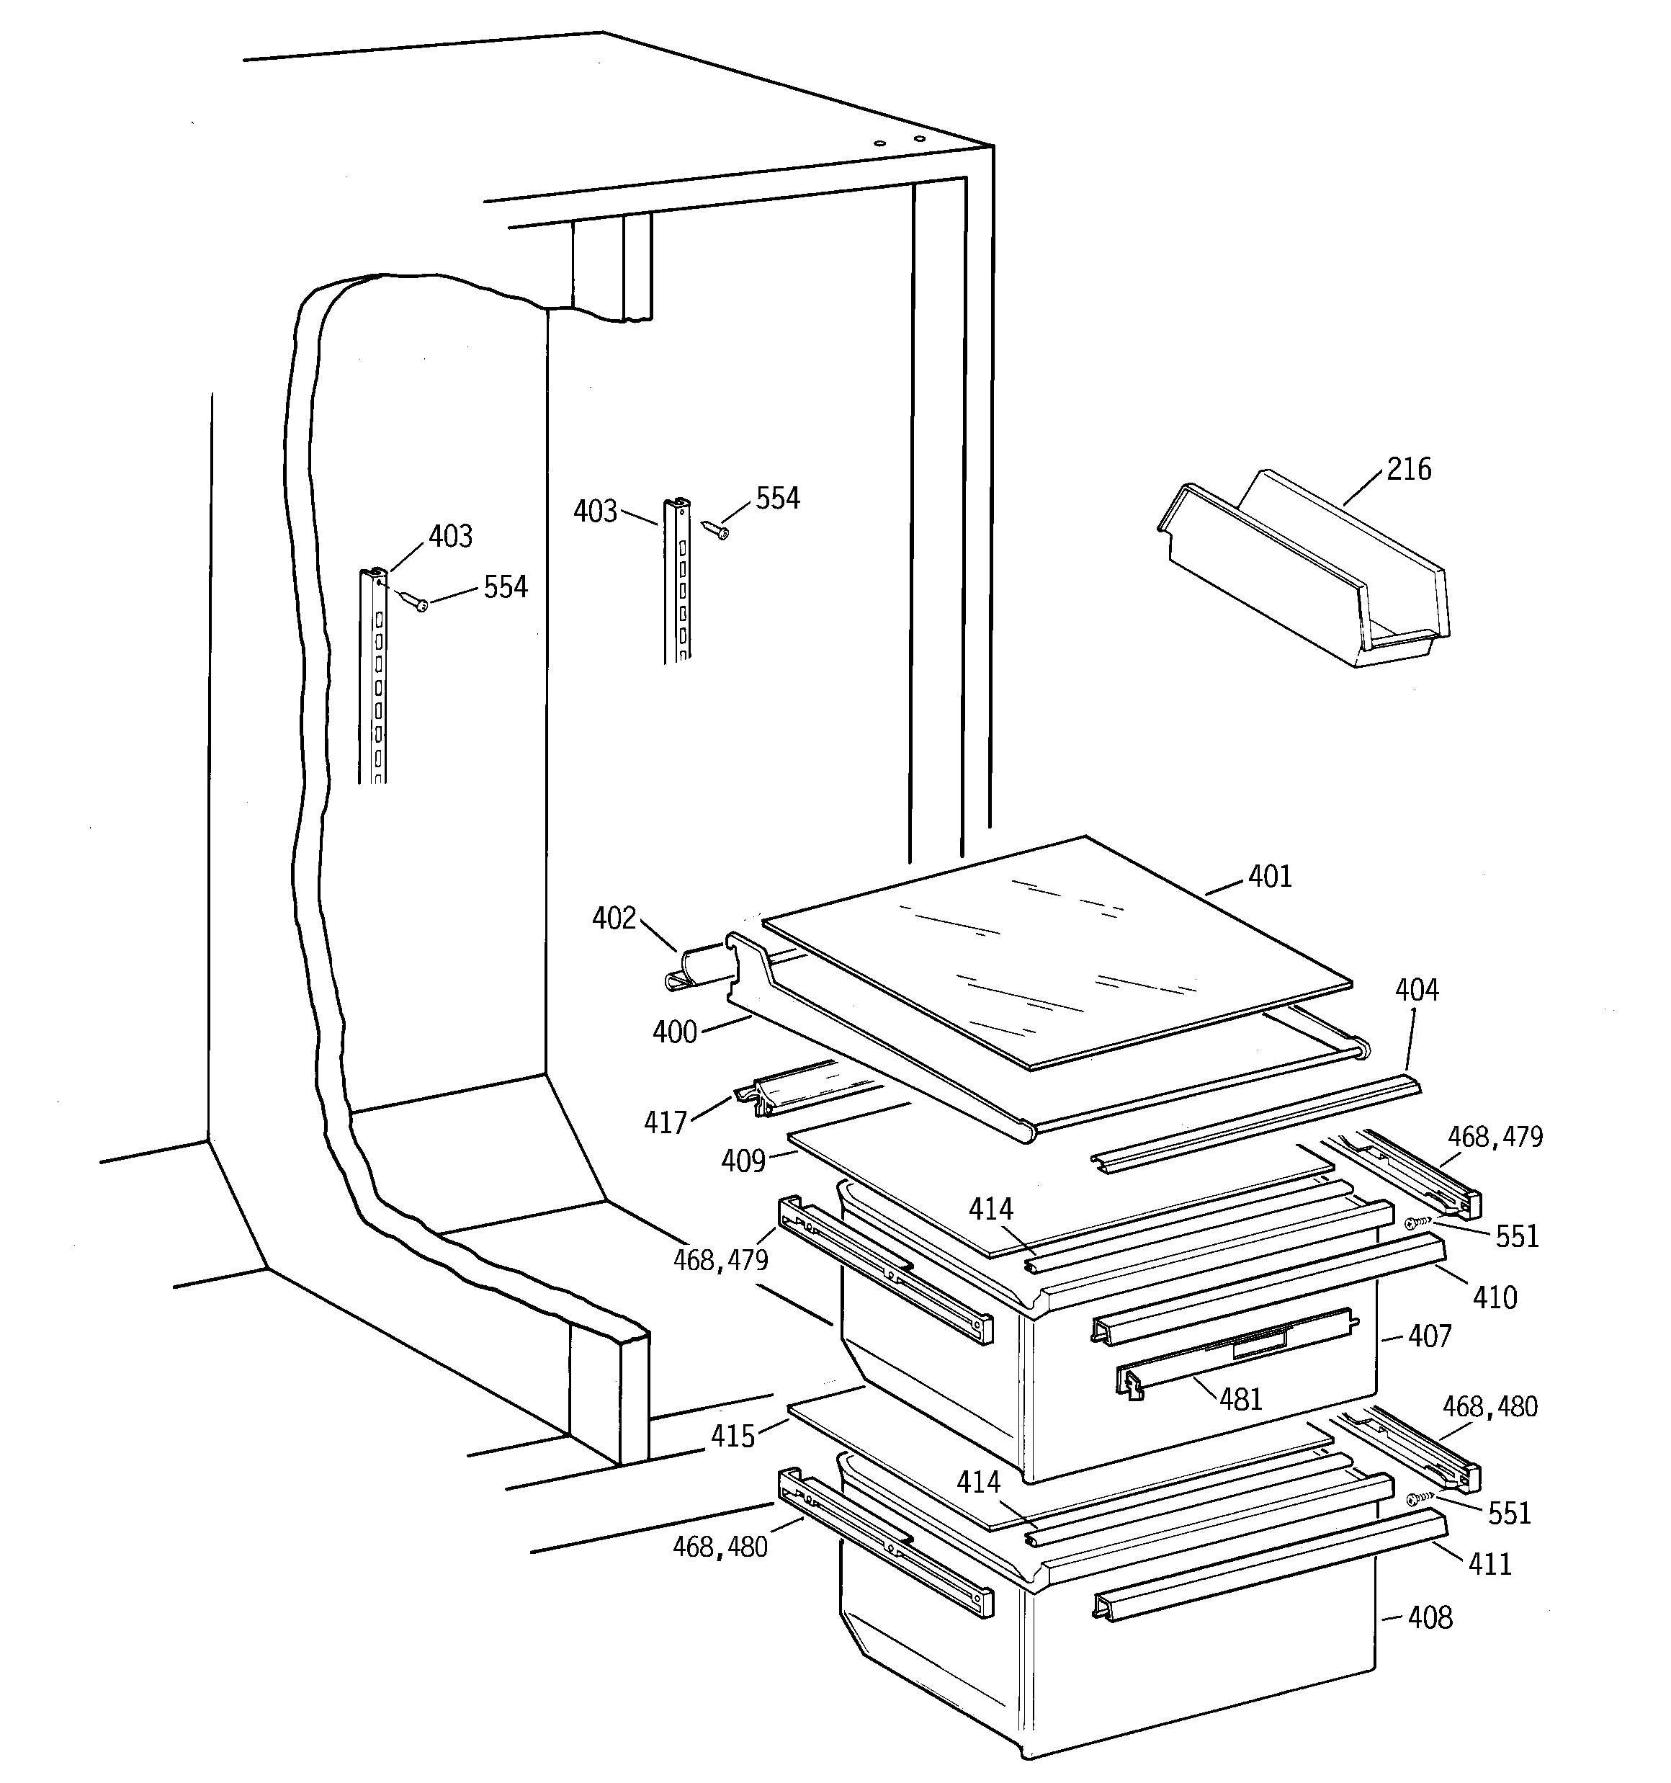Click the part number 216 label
pyautogui.click(x=1409, y=469)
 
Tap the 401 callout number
pyautogui.click(x=1270, y=876)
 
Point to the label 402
pyautogui.click(x=614, y=919)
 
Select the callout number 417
pyautogui.click(x=666, y=1123)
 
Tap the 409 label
pyautogui.click(x=743, y=1161)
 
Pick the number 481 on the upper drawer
pyautogui.click(x=1241, y=1399)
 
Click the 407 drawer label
pyautogui.click(x=1430, y=1336)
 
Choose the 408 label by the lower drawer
pyautogui.click(x=1430, y=1618)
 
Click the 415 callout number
pyautogui.click(x=733, y=1436)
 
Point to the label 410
pyautogui.click(x=1495, y=1297)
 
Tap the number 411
pyautogui.click(x=1489, y=1564)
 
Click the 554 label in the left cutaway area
pyautogui.click(x=506, y=587)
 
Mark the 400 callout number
pyautogui.click(x=674, y=1032)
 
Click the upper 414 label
pyautogui.click(x=991, y=1210)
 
